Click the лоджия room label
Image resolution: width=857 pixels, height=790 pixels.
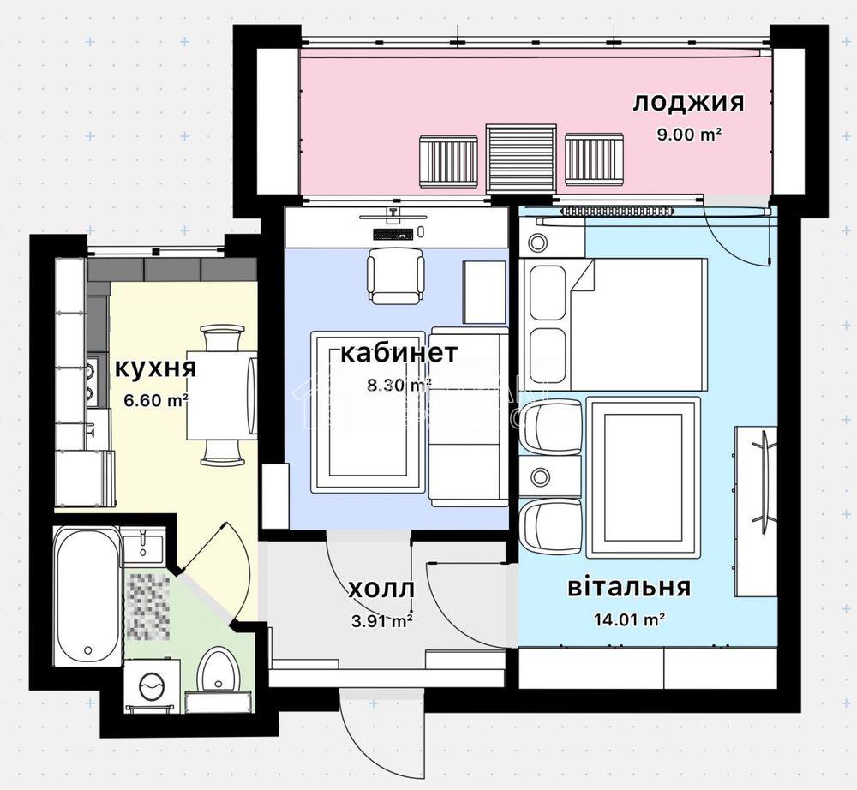[688, 103]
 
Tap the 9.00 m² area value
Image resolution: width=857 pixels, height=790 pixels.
[689, 134]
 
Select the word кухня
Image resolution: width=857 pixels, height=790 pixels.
[155, 368]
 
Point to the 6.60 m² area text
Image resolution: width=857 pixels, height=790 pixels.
[156, 400]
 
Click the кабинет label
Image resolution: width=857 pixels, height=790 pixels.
[399, 353]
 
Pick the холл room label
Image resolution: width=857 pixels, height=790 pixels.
[381, 590]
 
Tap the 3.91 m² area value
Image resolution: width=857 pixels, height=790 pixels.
[382, 621]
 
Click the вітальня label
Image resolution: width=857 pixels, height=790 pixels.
[629, 587]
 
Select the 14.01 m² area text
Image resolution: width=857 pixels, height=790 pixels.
[629, 619]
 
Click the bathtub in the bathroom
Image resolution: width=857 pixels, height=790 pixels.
[87, 595]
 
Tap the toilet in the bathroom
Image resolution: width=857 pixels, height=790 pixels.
[218, 669]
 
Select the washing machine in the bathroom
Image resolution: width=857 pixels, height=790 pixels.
[153, 685]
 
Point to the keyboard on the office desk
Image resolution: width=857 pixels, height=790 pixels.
[392, 234]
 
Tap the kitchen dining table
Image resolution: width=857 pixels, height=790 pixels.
[221, 395]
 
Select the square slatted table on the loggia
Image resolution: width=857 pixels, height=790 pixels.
[522, 158]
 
